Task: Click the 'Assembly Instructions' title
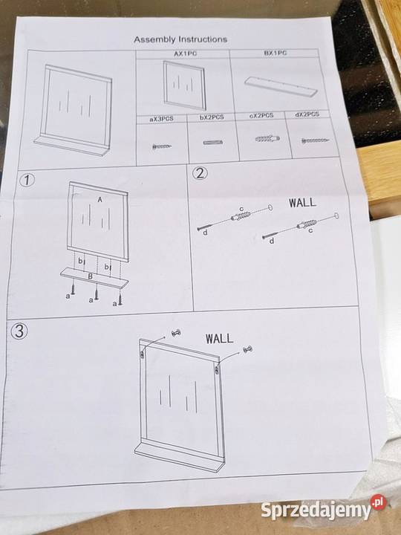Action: pos(180,39)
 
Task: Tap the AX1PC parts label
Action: pos(185,53)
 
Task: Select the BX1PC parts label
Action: pos(276,53)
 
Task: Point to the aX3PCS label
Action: pos(162,119)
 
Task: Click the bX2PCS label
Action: pos(212,117)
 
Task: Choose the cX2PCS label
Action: pos(261,116)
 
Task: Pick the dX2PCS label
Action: pos(307,114)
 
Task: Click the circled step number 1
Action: pos(27,180)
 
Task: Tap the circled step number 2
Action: pos(200,173)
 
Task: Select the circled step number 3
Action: pos(19,331)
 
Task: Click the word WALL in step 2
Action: pos(302,202)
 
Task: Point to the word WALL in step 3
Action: pos(219,339)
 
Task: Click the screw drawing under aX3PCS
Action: pos(162,146)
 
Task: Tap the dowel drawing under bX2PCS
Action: pos(213,142)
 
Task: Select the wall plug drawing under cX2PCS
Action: pos(267,138)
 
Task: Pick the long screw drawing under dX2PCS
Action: pos(316,140)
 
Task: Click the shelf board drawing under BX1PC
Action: pos(281,87)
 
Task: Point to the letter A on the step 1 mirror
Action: pos(100,200)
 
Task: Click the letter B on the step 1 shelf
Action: pos(91,276)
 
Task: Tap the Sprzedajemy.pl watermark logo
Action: pos(324,508)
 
